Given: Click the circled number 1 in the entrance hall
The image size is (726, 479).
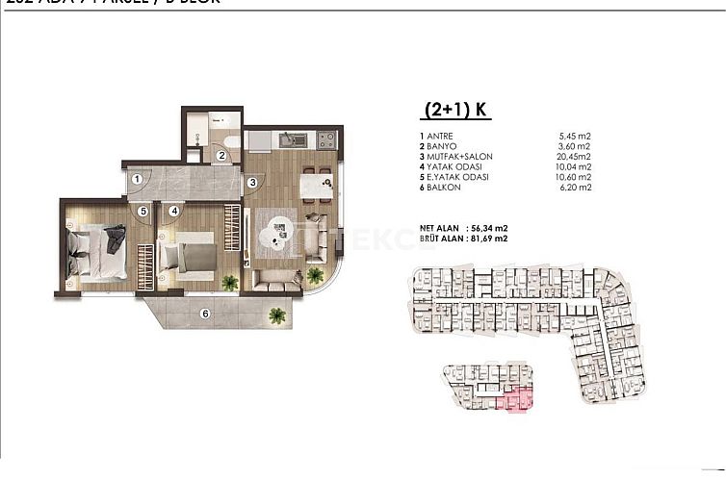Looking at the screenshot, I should pos(137,178).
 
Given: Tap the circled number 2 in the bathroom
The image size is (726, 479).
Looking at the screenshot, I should pos(220,155).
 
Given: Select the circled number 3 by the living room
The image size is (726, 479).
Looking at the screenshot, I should pos(251,182).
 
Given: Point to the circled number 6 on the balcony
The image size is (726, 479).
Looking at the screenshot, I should pos(204,313).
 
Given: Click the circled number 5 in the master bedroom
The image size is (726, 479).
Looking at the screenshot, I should pos(142,210).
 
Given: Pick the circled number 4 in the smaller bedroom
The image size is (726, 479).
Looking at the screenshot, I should pos(174,210).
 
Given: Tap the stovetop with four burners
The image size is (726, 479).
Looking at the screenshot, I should pos(325,139).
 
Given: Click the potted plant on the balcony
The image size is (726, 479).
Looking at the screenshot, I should pos(277,314).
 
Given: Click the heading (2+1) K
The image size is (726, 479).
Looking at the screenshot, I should pos(454,110).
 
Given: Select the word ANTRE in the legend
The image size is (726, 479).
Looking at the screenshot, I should pos(440,137).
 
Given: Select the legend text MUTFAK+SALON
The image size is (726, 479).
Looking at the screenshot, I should pos(457,158).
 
